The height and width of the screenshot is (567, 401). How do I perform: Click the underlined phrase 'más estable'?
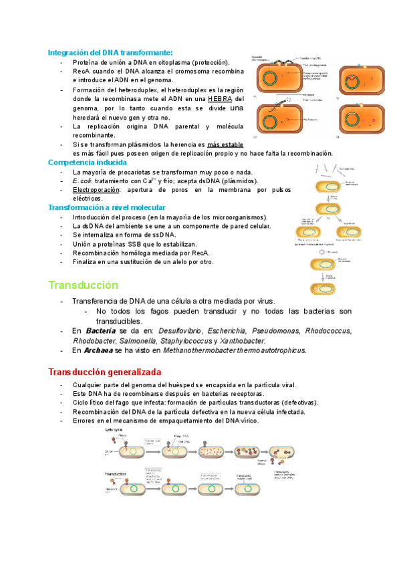(225, 144)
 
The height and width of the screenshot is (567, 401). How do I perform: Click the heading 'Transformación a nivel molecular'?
(105, 208)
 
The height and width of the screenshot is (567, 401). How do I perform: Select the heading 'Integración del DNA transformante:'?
(110, 52)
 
